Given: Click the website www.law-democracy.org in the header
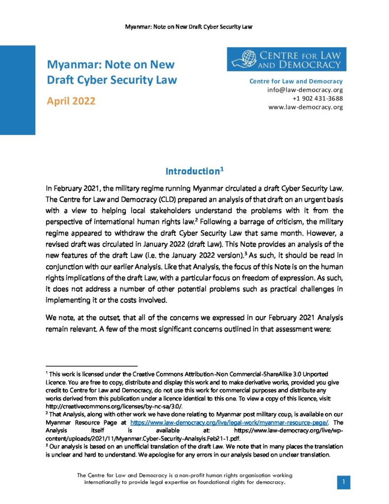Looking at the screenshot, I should (305, 107).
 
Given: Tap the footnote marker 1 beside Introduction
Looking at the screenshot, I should (222, 169).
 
